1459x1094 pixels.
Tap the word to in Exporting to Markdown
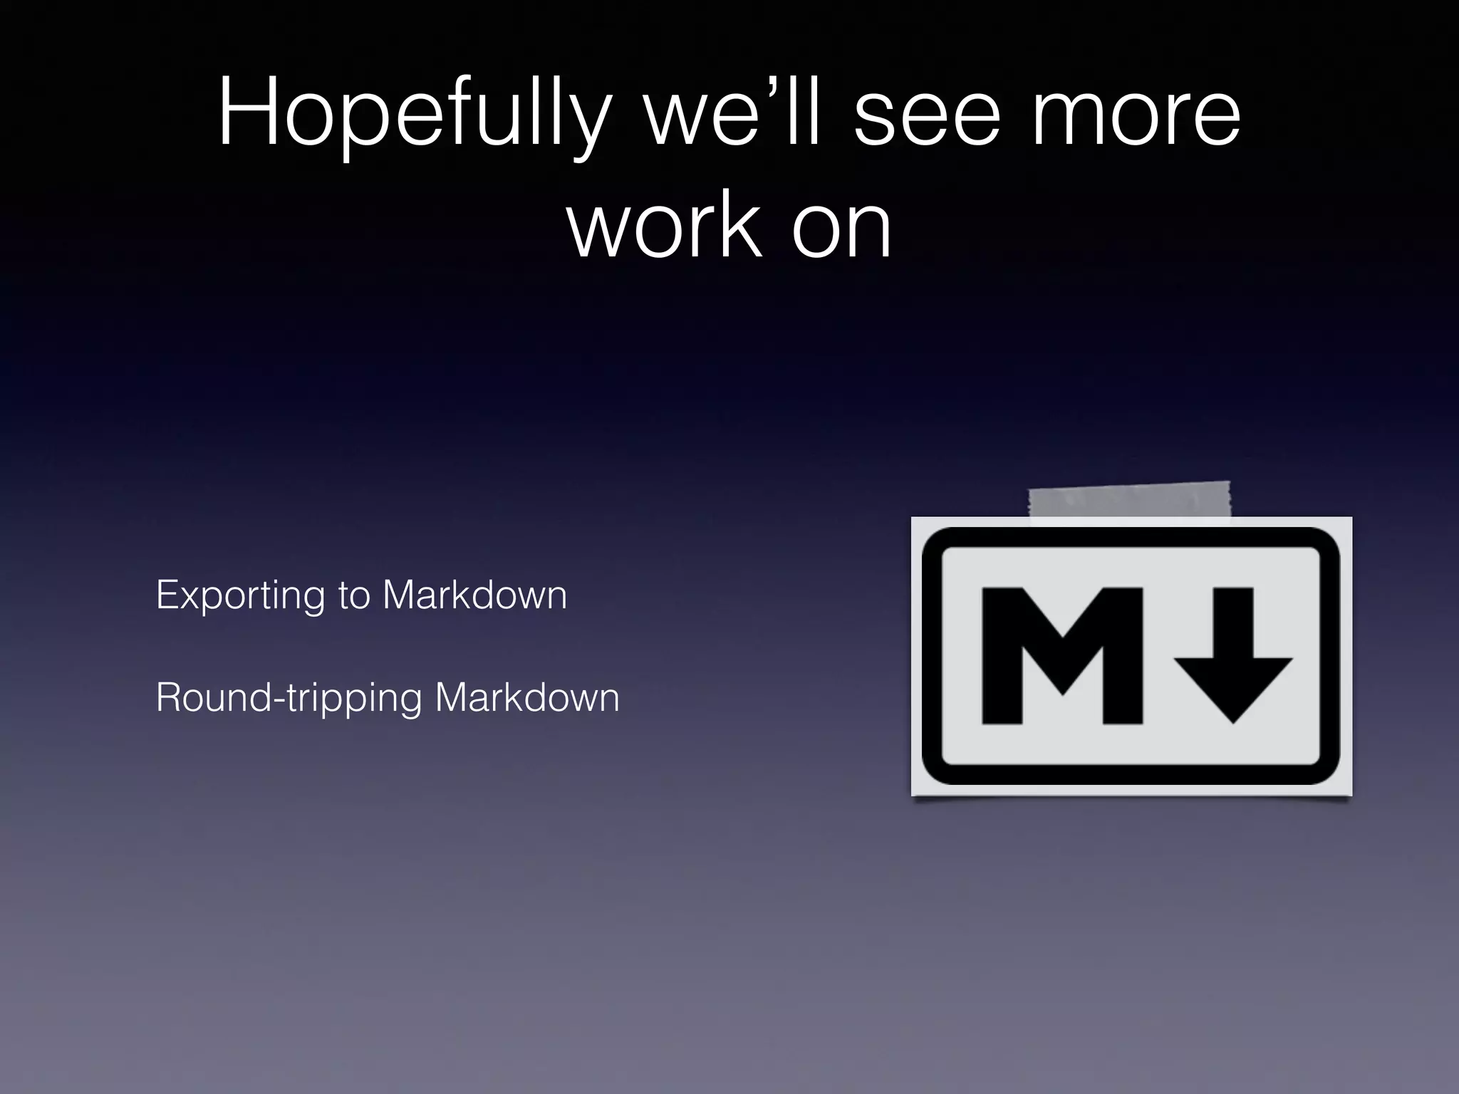tap(354, 595)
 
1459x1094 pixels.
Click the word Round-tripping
tap(289, 698)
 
